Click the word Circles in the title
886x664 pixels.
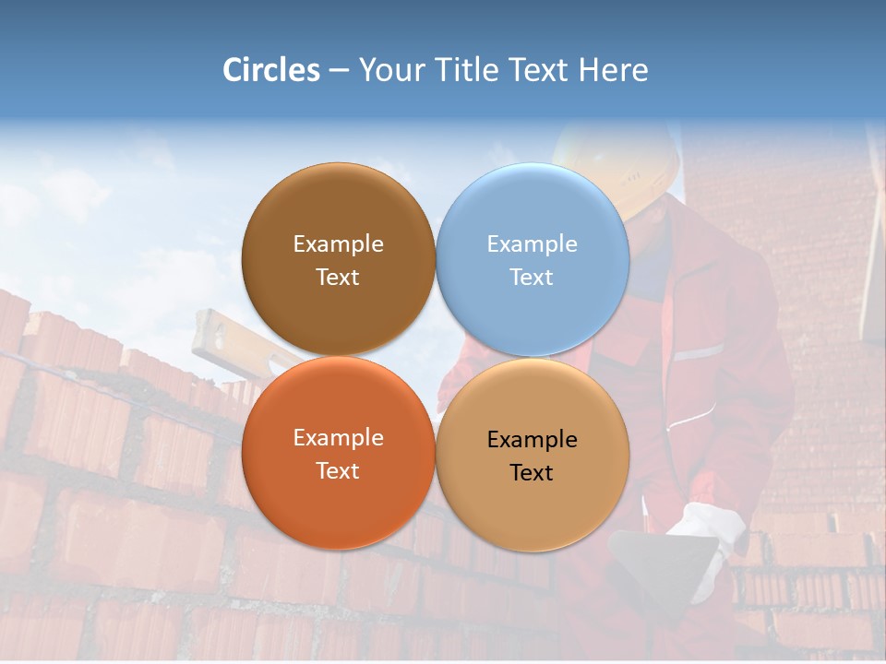[271, 70]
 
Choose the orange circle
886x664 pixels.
[338, 503]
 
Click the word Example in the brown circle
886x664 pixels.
[338, 243]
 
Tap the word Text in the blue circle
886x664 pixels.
[532, 277]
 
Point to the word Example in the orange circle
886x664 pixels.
[338, 437]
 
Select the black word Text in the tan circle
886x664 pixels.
[532, 472]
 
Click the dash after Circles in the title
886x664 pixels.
[339, 70]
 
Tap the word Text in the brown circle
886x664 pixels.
[338, 277]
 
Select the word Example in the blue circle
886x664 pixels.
[532, 243]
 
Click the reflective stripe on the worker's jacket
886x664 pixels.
[698, 353]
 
